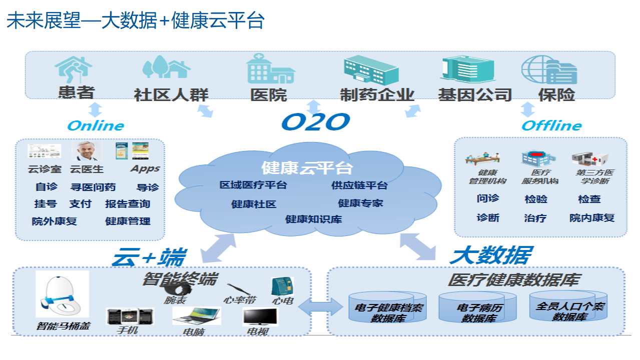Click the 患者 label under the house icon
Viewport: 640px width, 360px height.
[x=77, y=93]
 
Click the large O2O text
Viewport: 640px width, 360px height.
[x=315, y=121]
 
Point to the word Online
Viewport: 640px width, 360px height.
[x=95, y=125]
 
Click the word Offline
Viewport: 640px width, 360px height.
[x=551, y=125]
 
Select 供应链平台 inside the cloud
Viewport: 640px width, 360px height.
[x=359, y=185]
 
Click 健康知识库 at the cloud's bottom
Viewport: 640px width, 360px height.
[x=314, y=219]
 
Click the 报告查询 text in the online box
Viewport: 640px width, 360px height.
[x=128, y=204]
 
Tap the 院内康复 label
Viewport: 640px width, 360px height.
[x=592, y=218]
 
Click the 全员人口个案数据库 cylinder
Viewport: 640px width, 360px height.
[x=569, y=307]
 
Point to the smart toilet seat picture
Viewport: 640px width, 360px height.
[x=63, y=294]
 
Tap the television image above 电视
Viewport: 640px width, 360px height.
[x=260, y=316]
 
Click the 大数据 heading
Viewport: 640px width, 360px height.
[x=490, y=255]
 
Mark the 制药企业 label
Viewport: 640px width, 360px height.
[x=377, y=94]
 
